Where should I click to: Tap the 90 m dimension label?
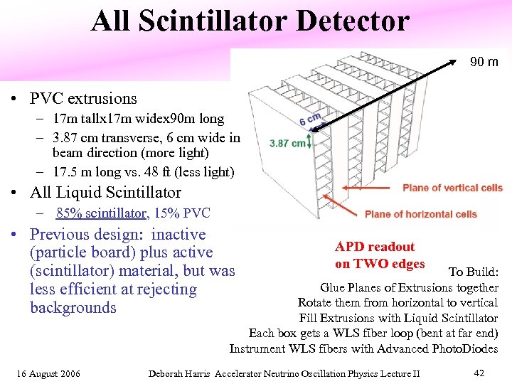[x=484, y=62]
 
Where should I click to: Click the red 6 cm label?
[x=310, y=118]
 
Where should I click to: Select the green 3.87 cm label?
[x=287, y=143]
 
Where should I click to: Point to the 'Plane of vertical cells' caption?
[x=452, y=188]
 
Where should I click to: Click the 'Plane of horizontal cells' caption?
[x=420, y=214]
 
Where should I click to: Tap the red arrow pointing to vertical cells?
[x=370, y=188]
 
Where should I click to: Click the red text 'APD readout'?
[x=375, y=247]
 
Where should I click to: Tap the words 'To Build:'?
[x=474, y=272]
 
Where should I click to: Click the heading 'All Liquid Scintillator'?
[x=105, y=193]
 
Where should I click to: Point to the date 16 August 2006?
[x=49, y=373]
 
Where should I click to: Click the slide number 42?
[x=479, y=373]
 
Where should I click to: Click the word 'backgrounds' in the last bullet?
[x=73, y=308]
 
